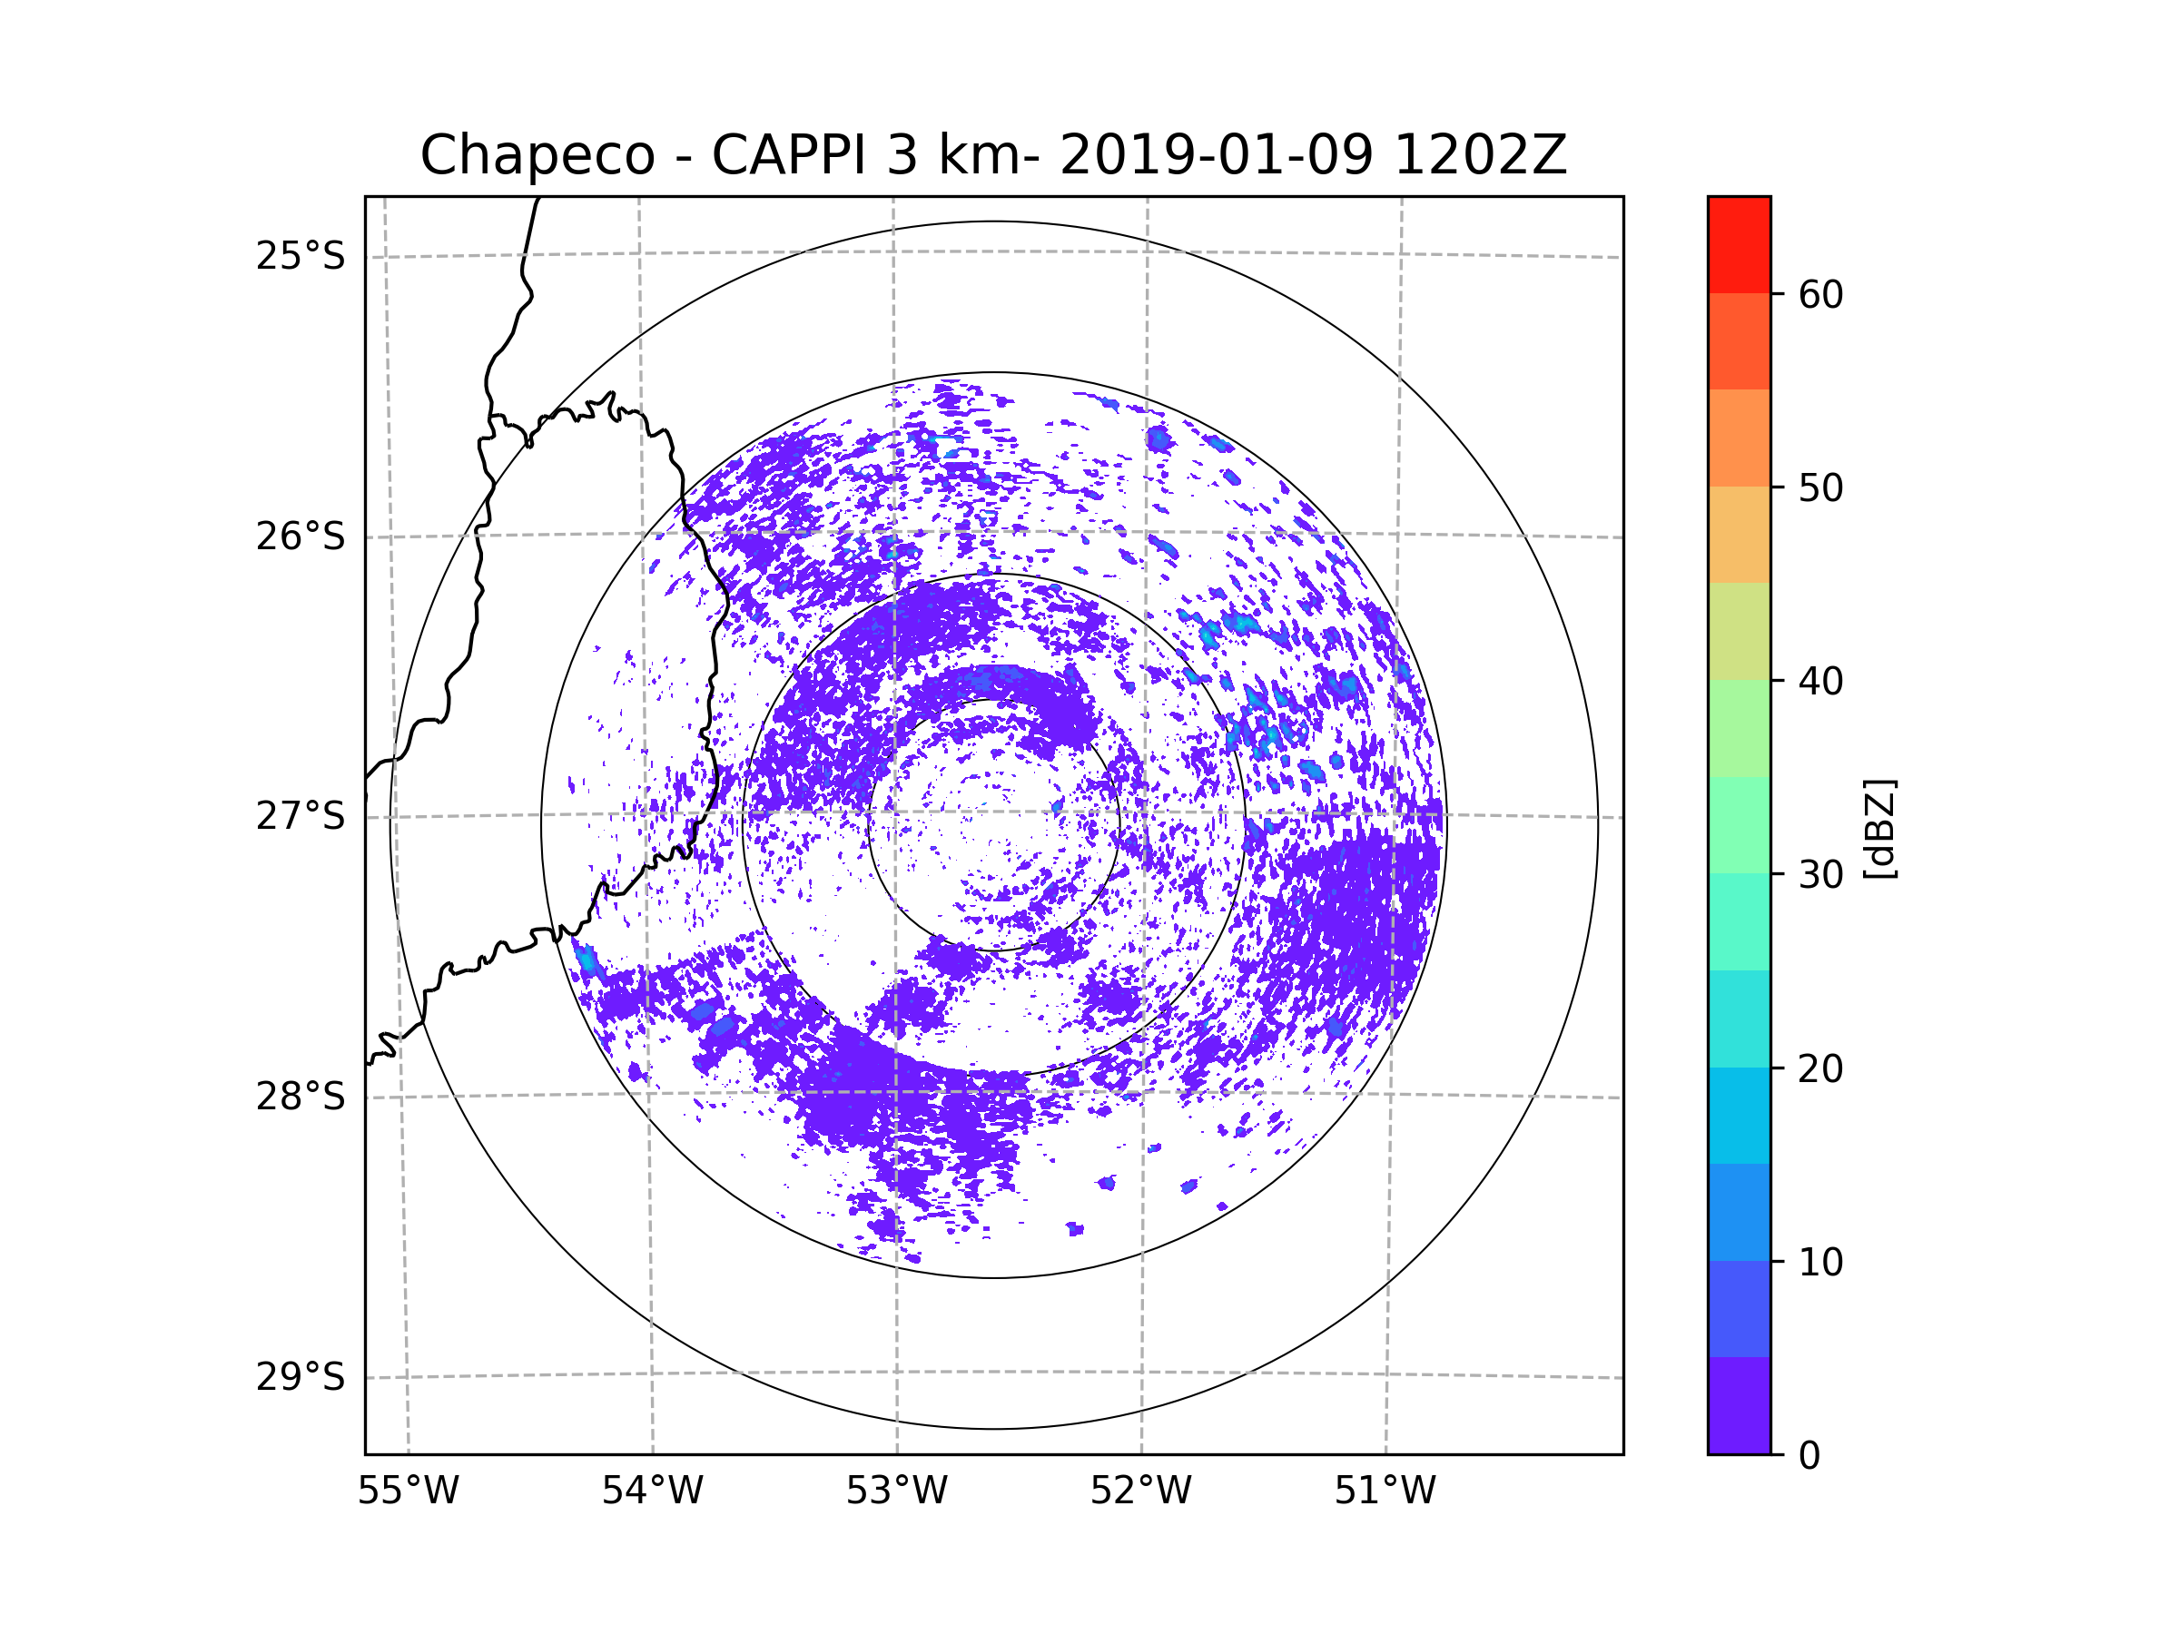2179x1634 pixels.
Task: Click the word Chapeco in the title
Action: point(537,155)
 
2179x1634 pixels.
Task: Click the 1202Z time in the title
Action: point(1480,155)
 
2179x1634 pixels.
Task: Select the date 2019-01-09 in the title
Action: point(1216,155)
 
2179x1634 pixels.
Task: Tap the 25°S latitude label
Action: point(301,256)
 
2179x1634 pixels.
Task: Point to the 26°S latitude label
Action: point(301,536)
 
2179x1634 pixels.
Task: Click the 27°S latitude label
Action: point(301,816)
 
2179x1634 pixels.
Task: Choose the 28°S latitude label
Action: point(301,1097)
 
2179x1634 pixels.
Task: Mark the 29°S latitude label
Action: point(301,1377)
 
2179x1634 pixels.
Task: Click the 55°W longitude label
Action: point(408,1491)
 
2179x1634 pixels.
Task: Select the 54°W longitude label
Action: point(652,1491)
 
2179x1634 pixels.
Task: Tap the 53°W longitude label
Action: point(896,1491)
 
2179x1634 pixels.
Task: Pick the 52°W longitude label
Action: point(1140,1491)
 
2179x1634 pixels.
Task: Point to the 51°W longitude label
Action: point(1385,1491)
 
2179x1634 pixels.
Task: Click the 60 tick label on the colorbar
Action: point(1820,294)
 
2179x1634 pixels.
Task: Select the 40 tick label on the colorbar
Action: point(1820,682)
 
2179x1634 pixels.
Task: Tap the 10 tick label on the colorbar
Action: point(1820,1263)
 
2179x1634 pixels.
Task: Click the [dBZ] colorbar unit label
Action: point(1880,830)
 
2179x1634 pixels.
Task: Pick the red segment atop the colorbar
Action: point(1739,244)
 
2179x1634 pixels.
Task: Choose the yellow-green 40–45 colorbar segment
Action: point(1739,631)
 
